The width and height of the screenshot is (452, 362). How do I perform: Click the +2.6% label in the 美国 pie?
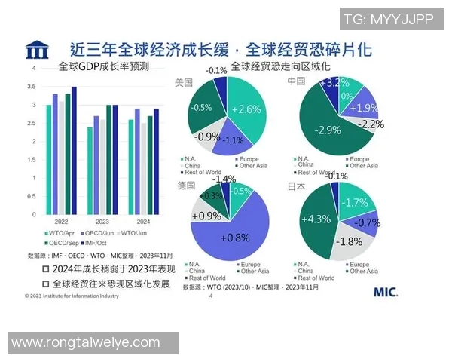click(246, 109)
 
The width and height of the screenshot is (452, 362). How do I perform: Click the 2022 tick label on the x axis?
click(61, 222)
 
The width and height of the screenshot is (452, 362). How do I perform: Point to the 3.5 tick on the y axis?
click(33, 87)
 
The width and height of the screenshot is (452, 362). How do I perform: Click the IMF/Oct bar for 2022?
click(74, 151)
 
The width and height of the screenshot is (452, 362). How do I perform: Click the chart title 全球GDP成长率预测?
click(104, 66)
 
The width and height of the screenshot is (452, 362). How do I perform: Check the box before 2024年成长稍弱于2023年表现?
click(46, 268)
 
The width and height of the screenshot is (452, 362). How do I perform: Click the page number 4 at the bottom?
click(210, 296)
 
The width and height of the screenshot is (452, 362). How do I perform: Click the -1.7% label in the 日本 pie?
click(353, 202)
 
